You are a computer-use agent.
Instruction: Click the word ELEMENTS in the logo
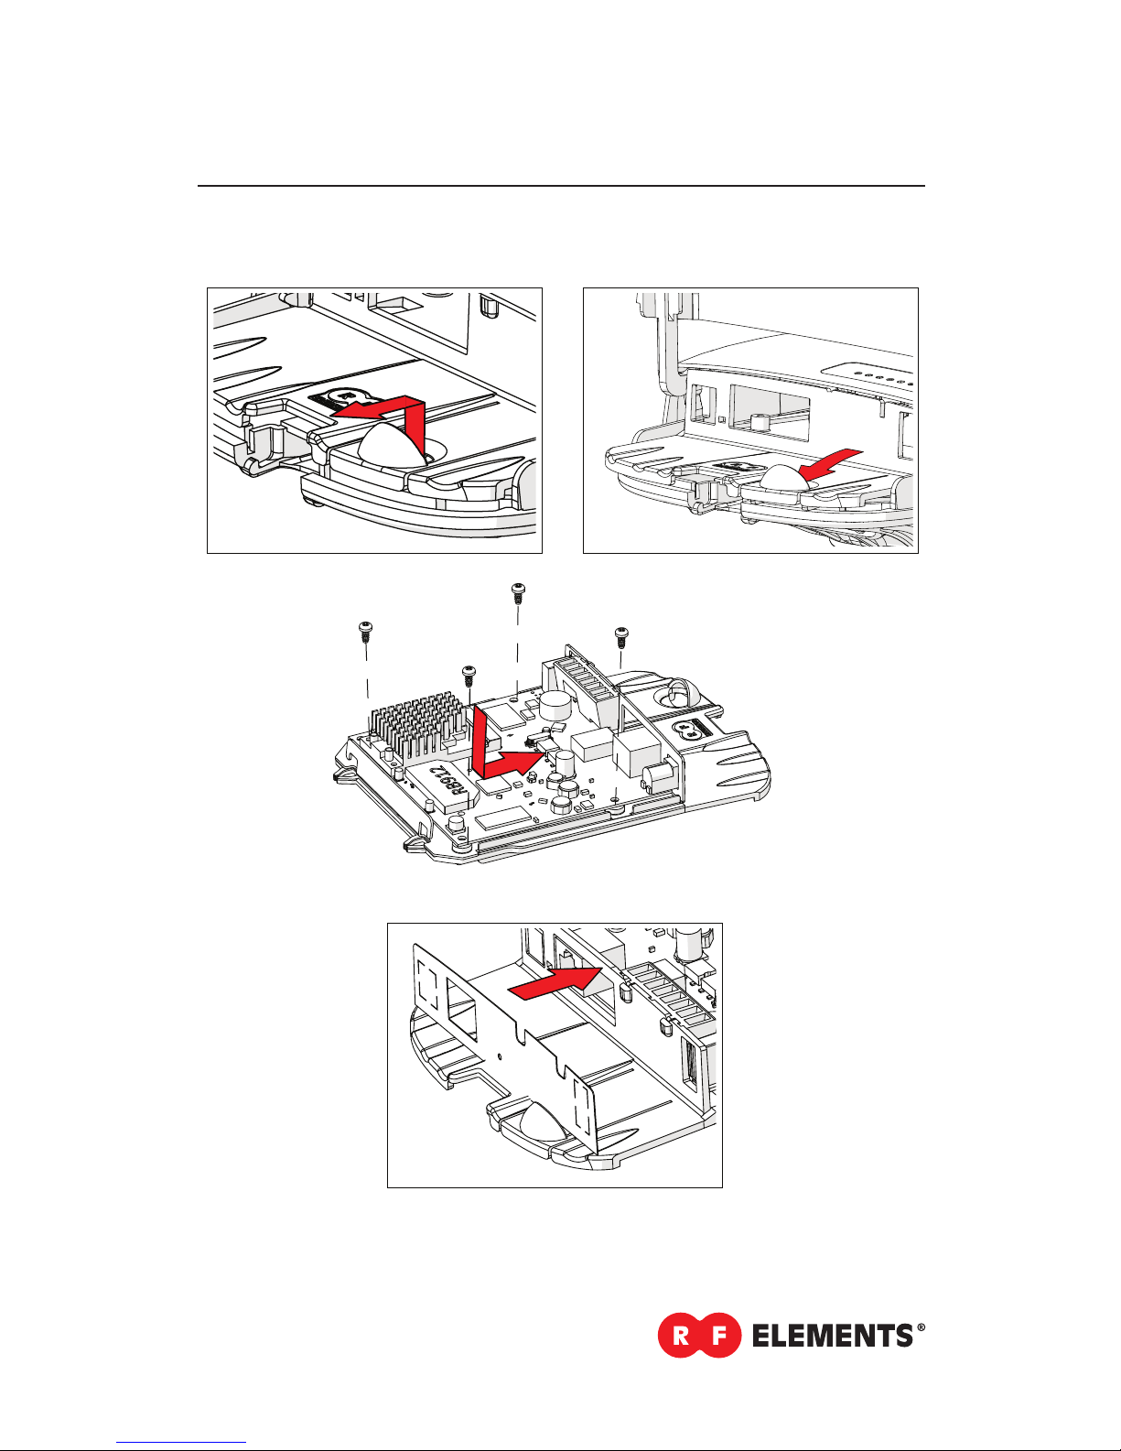pos(831,1337)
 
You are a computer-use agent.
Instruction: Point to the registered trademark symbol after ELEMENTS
pos(920,1328)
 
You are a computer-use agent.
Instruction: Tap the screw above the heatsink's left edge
pos(364,629)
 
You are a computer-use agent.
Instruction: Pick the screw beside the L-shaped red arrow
pos(469,674)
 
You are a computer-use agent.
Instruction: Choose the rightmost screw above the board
pos(621,633)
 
